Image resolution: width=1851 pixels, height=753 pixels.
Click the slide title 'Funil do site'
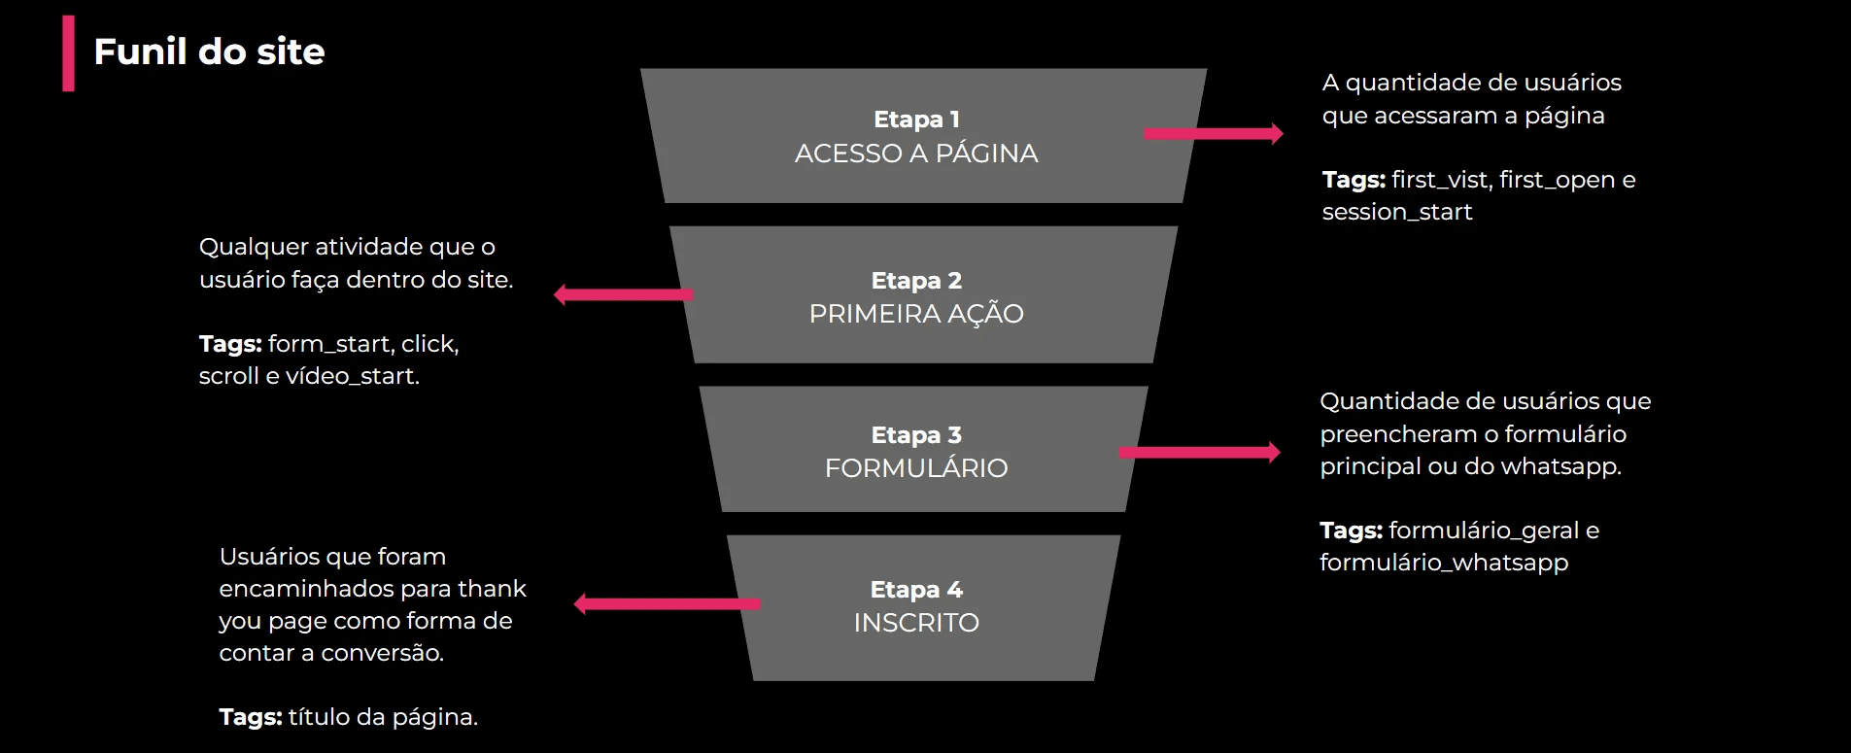click(x=209, y=52)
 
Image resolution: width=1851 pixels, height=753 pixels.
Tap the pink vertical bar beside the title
click(x=68, y=53)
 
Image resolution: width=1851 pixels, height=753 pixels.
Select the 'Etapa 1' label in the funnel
click(x=916, y=120)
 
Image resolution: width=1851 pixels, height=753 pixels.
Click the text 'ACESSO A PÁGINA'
click(x=916, y=154)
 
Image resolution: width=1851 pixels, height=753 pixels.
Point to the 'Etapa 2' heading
click(x=916, y=281)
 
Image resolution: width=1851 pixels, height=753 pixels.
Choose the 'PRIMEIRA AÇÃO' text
click(x=916, y=314)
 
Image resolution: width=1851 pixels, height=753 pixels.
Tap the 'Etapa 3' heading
click(x=916, y=435)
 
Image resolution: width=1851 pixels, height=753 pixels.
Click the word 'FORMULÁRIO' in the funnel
click(x=916, y=468)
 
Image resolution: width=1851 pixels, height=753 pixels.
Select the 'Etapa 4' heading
click(x=916, y=590)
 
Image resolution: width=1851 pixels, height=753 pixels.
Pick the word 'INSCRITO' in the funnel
click(x=916, y=623)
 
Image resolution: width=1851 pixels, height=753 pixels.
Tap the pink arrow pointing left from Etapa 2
click(x=623, y=294)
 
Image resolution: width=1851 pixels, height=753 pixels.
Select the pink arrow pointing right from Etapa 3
click(x=1199, y=452)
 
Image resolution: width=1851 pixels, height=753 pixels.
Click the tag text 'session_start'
click(x=1396, y=212)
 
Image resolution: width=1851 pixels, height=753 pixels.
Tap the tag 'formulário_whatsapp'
click(x=1444, y=563)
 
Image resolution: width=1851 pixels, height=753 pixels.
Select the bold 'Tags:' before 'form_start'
click(x=230, y=344)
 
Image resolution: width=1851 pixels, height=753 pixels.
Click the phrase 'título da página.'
click(x=383, y=717)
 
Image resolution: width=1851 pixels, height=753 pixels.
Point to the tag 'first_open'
click(x=1557, y=180)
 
